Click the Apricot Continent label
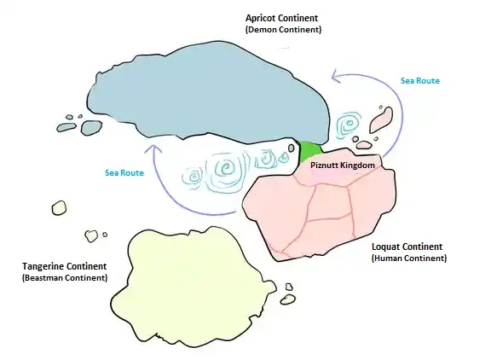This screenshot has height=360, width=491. pyautogui.click(x=281, y=18)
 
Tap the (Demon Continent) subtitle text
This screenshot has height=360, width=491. pyautogui.click(x=283, y=30)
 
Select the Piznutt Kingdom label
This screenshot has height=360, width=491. pyautogui.click(x=343, y=165)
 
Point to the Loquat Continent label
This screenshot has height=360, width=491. pyautogui.click(x=407, y=247)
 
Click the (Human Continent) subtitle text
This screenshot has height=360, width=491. pyautogui.click(x=409, y=258)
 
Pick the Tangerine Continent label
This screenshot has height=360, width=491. pyautogui.click(x=65, y=266)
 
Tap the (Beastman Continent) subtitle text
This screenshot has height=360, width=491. pyautogui.click(x=65, y=278)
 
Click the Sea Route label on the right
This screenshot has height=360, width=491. pyautogui.click(x=420, y=81)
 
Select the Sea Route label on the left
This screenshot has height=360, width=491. pyautogui.click(x=124, y=173)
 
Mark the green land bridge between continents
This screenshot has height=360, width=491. pyautogui.click(x=309, y=151)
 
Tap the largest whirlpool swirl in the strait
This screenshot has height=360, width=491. pyautogui.click(x=225, y=169)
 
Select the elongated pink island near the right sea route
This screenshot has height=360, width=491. pyautogui.click(x=381, y=120)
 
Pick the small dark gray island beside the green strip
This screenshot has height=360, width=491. pyautogui.click(x=292, y=148)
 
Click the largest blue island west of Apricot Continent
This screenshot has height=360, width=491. pyautogui.click(x=91, y=127)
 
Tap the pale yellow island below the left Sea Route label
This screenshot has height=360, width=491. pyautogui.click(x=59, y=208)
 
